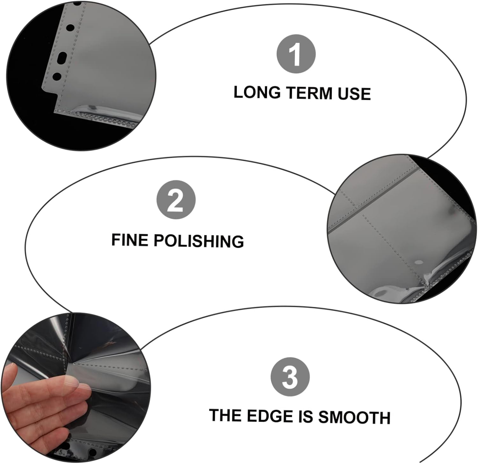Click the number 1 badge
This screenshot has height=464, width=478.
(296, 54)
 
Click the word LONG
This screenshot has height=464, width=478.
(257, 92)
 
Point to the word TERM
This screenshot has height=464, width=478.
(309, 93)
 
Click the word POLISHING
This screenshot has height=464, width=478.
(199, 241)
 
